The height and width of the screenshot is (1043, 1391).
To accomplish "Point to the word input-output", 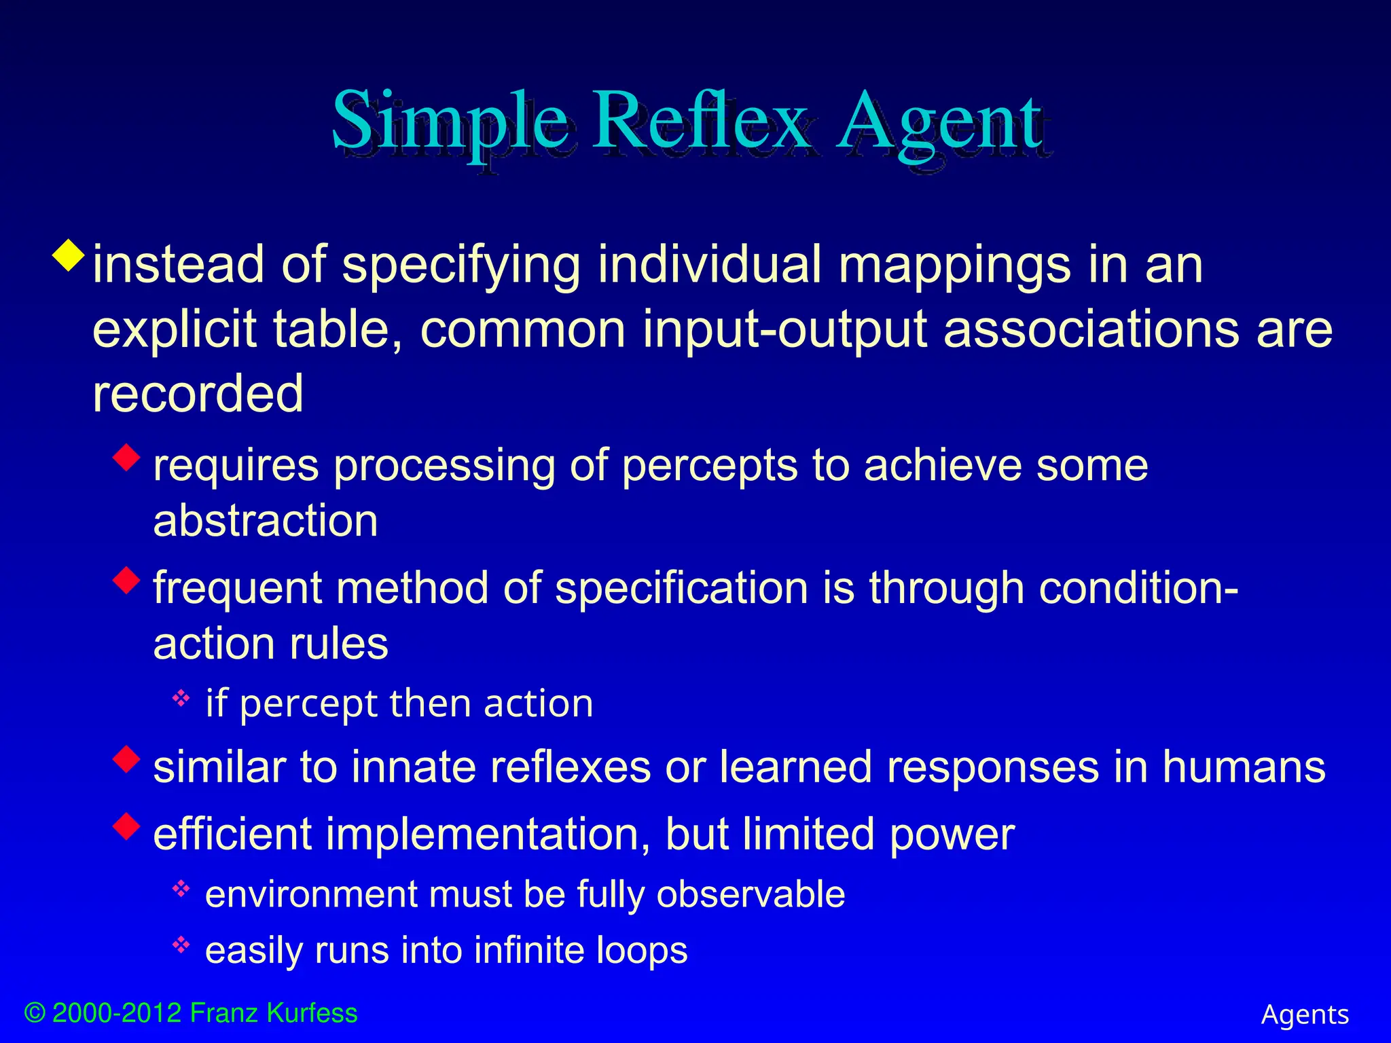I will (x=784, y=330).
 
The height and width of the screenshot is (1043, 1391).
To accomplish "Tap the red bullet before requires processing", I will (x=127, y=457).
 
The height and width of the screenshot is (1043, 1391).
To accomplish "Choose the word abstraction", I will (x=266, y=521).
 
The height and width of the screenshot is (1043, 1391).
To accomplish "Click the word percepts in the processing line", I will (x=709, y=467).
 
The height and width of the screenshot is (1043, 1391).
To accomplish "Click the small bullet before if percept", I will (x=181, y=697).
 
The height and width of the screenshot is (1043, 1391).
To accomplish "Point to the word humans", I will (x=1243, y=767).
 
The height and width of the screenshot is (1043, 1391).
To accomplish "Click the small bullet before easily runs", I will (x=181, y=944).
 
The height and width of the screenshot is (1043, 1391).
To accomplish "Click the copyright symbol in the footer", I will (x=35, y=1013).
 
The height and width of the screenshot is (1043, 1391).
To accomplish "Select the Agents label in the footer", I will (x=1305, y=1015).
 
